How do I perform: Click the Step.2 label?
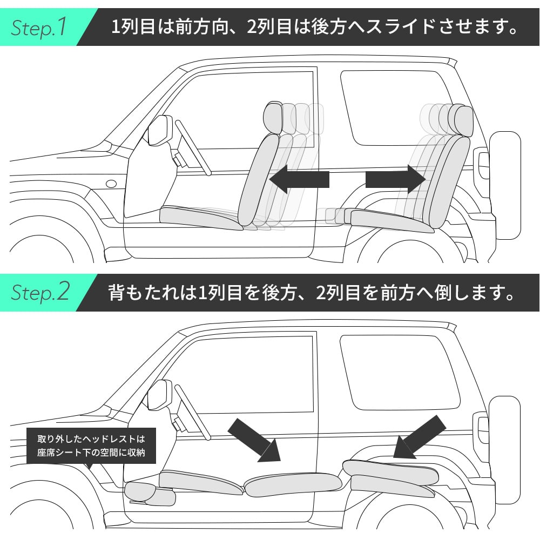(40, 292)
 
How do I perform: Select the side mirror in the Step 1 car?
(159, 130)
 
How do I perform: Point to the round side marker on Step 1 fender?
(111, 184)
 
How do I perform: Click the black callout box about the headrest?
(91, 445)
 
